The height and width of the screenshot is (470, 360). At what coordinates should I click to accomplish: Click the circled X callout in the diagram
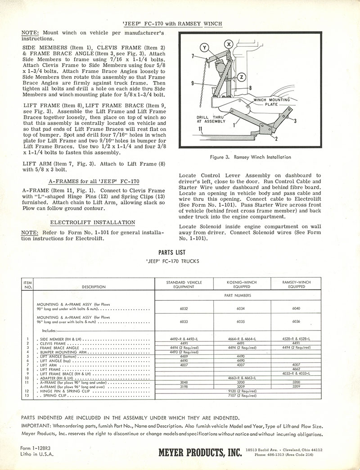(229, 44)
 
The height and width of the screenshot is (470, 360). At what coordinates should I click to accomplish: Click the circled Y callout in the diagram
(206, 48)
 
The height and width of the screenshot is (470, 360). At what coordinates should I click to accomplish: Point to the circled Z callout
(242, 77)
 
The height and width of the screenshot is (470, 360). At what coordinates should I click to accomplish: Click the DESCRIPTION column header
(94, 287)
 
